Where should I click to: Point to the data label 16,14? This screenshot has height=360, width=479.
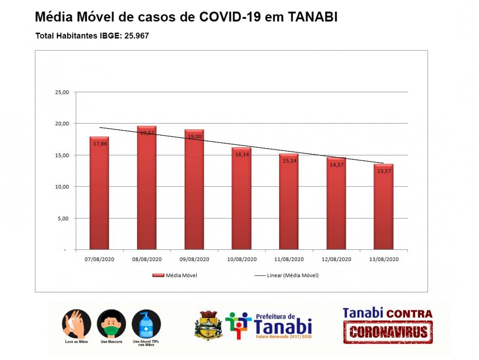coord(241,154)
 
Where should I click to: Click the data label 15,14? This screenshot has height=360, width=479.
coord(289,161)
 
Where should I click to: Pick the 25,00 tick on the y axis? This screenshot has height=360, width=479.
coord(63,92)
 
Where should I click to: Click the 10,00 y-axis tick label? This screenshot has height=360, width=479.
coord(63,187)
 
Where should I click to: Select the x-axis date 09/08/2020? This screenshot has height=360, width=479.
coord(194,260)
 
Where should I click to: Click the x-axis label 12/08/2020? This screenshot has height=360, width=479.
coord(336,260)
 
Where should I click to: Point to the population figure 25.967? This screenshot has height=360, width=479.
coord(136,36)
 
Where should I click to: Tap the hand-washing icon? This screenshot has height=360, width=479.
coord(77,324)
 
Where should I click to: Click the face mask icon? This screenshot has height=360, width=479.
coord(111,324)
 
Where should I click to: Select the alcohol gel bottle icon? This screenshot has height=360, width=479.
coord(146,324)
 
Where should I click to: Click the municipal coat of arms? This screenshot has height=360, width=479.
coord(208,325)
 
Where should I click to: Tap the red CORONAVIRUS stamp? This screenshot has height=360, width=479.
coord(388,332)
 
